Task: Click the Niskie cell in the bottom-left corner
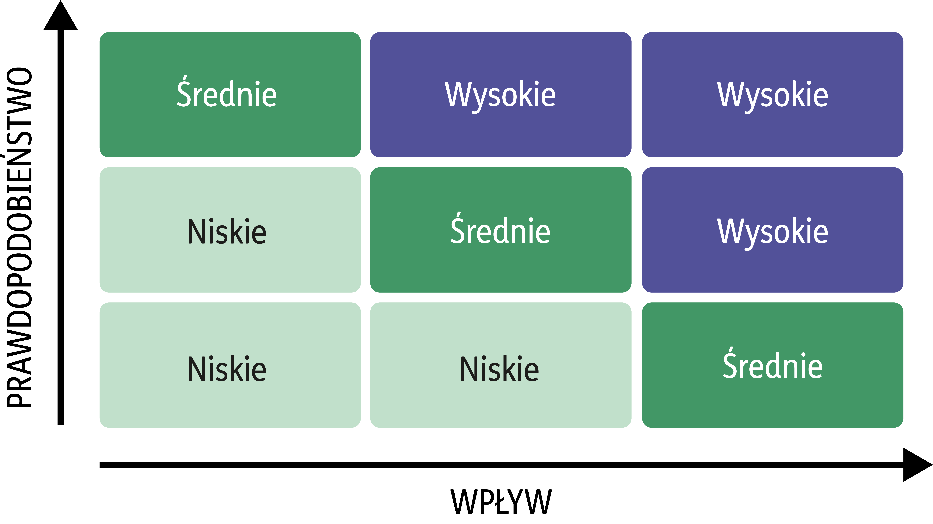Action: point(230,365)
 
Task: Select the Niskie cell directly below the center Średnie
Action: point(501,365)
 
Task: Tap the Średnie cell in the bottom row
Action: point(773,365)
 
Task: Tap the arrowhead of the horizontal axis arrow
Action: point(918,465)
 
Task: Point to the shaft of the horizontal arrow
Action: point(502,465)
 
